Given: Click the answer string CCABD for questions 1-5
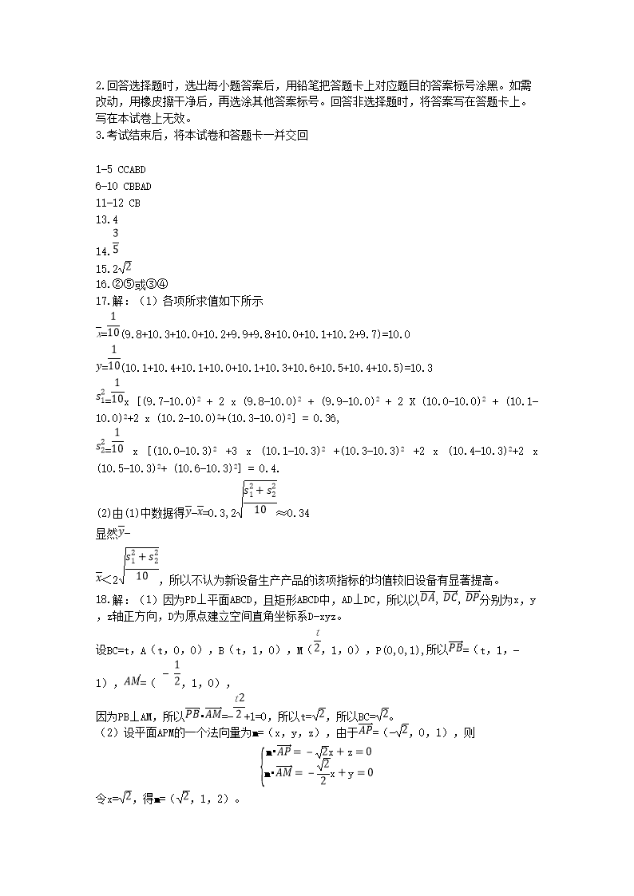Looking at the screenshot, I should click(x=132, y=170).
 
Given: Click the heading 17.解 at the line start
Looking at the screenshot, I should click(x=109, y=302).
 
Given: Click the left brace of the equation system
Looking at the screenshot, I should click(x=262, y=762).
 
